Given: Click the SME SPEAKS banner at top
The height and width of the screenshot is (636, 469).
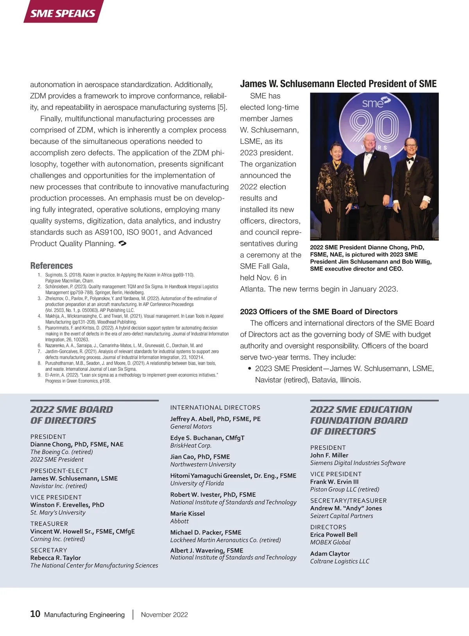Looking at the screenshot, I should [63, 13].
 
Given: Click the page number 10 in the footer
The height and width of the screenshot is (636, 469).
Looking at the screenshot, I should [35, 614].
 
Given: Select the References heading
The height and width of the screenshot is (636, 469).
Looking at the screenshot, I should [52, 266].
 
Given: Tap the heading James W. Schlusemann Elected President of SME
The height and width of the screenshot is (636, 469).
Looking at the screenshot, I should [338, 84].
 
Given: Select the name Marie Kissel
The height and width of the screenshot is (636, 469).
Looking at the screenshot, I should [188, 514].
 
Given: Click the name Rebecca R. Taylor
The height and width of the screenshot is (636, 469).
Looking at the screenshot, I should [55, 558].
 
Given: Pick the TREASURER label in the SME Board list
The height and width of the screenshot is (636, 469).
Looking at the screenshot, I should [49, 524].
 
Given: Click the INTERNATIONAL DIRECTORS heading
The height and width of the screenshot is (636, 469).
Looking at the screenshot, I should [215, 408].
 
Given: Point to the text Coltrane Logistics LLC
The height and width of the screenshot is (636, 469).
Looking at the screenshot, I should [340, 561].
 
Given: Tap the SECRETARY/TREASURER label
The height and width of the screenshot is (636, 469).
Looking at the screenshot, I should [348, 501].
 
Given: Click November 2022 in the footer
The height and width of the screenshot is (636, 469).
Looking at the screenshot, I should [164, 614].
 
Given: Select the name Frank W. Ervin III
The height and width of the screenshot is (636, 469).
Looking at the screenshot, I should [334, 482].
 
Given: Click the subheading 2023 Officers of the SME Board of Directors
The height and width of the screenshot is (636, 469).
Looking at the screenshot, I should [319, 312].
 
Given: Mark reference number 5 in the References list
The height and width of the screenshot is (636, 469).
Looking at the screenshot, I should [39, 328].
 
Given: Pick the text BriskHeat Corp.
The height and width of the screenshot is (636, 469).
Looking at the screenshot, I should [191, 446].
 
